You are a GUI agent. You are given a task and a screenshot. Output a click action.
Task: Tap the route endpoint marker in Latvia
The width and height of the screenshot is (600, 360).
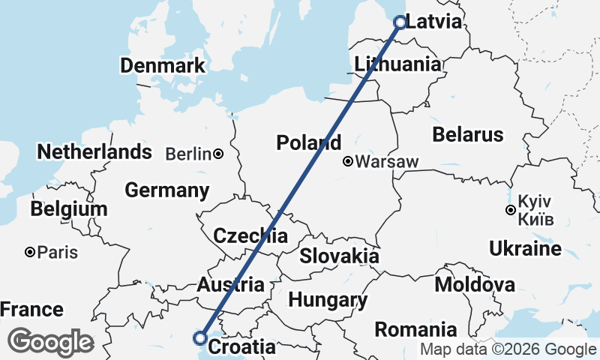click(x=400, y=22)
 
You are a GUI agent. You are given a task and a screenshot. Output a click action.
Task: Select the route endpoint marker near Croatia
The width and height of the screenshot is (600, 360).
click(x=200, y=337)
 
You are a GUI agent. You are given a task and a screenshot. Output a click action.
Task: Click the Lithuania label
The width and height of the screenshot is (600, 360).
click(x=397, y=64)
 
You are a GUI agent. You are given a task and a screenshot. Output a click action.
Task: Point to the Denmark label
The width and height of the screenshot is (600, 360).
click(x=162, y=65)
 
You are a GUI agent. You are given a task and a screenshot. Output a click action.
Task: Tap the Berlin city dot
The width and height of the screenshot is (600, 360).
click(x=217, y=154)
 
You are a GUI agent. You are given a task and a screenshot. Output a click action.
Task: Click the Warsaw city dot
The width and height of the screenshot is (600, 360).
click(x=348, y=161)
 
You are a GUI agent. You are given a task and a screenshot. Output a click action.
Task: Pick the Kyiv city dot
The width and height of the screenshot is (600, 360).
click(x=511, y=210)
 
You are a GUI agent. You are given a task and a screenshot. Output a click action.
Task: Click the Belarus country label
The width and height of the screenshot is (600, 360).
click(x=467, y=135)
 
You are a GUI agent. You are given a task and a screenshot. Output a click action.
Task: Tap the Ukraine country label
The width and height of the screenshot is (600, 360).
click(x=524, y=248)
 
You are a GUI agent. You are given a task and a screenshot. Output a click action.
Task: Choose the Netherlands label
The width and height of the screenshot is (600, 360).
click(x=94, y=152)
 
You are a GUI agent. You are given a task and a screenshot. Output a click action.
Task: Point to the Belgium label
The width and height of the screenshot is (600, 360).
click(x=69, y=209)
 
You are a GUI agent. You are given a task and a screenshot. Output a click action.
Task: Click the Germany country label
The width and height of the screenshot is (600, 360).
click(x=166, y=190)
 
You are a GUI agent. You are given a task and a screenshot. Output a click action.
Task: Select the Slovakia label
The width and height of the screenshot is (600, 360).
click(x=339, y=256)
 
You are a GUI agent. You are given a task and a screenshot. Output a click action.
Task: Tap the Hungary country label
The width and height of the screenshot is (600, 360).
click(x=328, y=301)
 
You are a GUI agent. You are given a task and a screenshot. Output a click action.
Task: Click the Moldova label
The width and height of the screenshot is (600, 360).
click(x=475, y=284)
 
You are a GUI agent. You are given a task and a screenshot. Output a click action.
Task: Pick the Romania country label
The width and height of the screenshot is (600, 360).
click(x=415, y=329)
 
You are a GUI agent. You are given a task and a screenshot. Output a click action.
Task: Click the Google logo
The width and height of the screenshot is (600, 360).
click(x=50, y=342)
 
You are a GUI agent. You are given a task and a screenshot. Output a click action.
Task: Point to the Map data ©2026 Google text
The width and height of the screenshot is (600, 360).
click(x=508, y=349)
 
